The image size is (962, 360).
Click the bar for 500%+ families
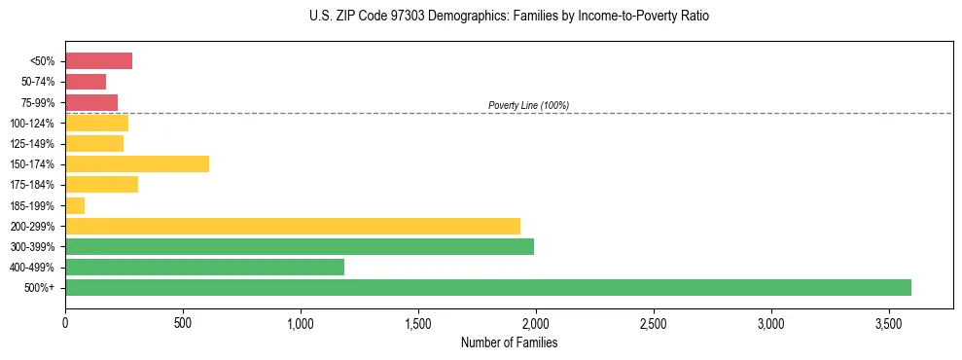pyautogui.click(x=487, y=287)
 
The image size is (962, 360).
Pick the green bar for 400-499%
pyautogui.click(x=204, y=267)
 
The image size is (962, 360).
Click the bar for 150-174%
pyautogui.click(x=137, y=163)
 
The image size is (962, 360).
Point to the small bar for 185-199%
pyautogui.click(x=75, y=205)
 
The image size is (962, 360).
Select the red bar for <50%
pyautogui.click(x=98, y=61)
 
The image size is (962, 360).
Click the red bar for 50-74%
pyautogui.click(x=86, y=82)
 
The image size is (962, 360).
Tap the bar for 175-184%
pyautogui.click(x=101, y=184)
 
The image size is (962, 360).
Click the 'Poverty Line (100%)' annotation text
pyautogui.click(x=528, y=105)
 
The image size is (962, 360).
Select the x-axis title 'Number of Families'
pyautogui.click(x=509, y=342)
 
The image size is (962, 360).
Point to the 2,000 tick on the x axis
pyautogui.click(x=536, y=322)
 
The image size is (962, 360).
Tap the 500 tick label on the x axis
pyautogui.click(x=183, y=322)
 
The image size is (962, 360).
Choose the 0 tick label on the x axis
pyautogui.click(x=65, y=322)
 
